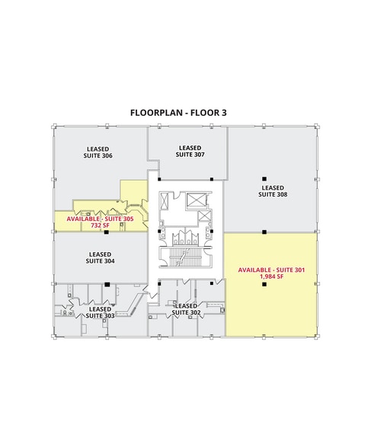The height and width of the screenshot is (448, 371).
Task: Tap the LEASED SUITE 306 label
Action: (97, 152)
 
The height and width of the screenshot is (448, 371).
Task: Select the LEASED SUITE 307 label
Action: (189, 150)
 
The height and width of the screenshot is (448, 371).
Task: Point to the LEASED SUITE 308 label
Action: (272, 190)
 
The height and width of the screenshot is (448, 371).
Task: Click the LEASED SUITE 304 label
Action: (100, 258)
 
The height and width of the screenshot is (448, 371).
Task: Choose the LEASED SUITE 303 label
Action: (100, 311)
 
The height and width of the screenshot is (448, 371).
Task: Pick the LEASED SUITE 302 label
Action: (186, 309)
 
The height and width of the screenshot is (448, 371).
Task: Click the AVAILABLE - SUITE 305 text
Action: (100, 219)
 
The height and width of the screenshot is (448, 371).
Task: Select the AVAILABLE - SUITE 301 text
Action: (270, 270)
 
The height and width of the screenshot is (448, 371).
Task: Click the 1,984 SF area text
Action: (270, 277)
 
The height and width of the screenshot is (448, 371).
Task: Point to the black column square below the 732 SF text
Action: (107, 232)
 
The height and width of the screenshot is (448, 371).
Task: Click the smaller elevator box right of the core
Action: (205, 216)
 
